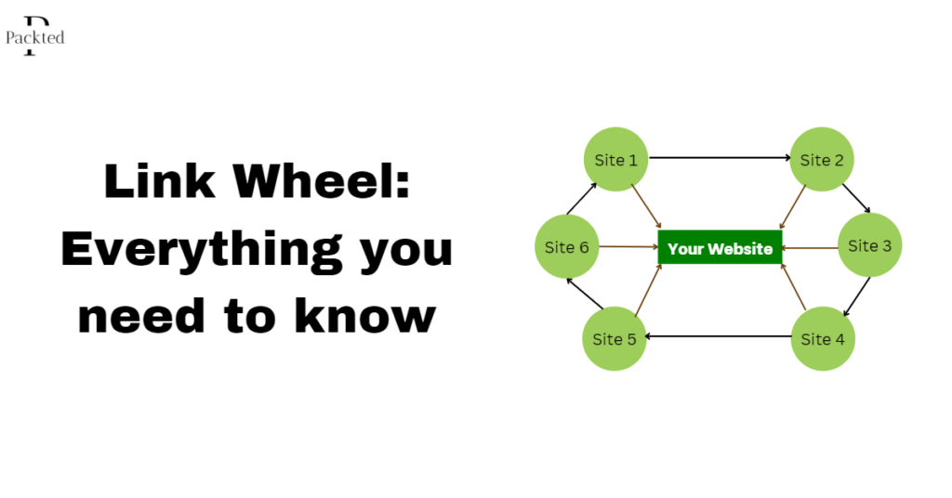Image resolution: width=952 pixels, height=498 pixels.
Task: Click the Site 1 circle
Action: tap(615, 160)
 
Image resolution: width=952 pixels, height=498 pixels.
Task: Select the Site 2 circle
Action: tap(822, 160)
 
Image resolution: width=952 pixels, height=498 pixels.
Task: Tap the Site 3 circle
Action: tap(869, 246)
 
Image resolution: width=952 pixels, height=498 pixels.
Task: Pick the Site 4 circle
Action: tap(822, 339)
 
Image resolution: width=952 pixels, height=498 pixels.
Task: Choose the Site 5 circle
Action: tap(615, 339)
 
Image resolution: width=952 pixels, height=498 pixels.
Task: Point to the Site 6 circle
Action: tap(566, 247)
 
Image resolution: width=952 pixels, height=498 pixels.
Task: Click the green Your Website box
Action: tap(720, 248)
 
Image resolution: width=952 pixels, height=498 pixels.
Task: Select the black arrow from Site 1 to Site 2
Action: tap(719, 158)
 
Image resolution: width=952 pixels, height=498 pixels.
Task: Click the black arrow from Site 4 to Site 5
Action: tap(718, 336)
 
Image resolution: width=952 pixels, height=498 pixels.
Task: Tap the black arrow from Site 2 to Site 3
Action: tap(856, 198)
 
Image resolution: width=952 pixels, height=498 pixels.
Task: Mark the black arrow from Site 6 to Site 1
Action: tap(581, 198)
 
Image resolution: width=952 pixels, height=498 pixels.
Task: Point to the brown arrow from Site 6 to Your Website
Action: tap(628, 247)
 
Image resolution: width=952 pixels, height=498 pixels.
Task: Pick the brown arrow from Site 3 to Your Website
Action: tap(810, 248)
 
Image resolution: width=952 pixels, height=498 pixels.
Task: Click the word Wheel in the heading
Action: tap(323, 181)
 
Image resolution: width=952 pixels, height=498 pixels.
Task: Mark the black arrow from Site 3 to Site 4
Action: tap(856, 296)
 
